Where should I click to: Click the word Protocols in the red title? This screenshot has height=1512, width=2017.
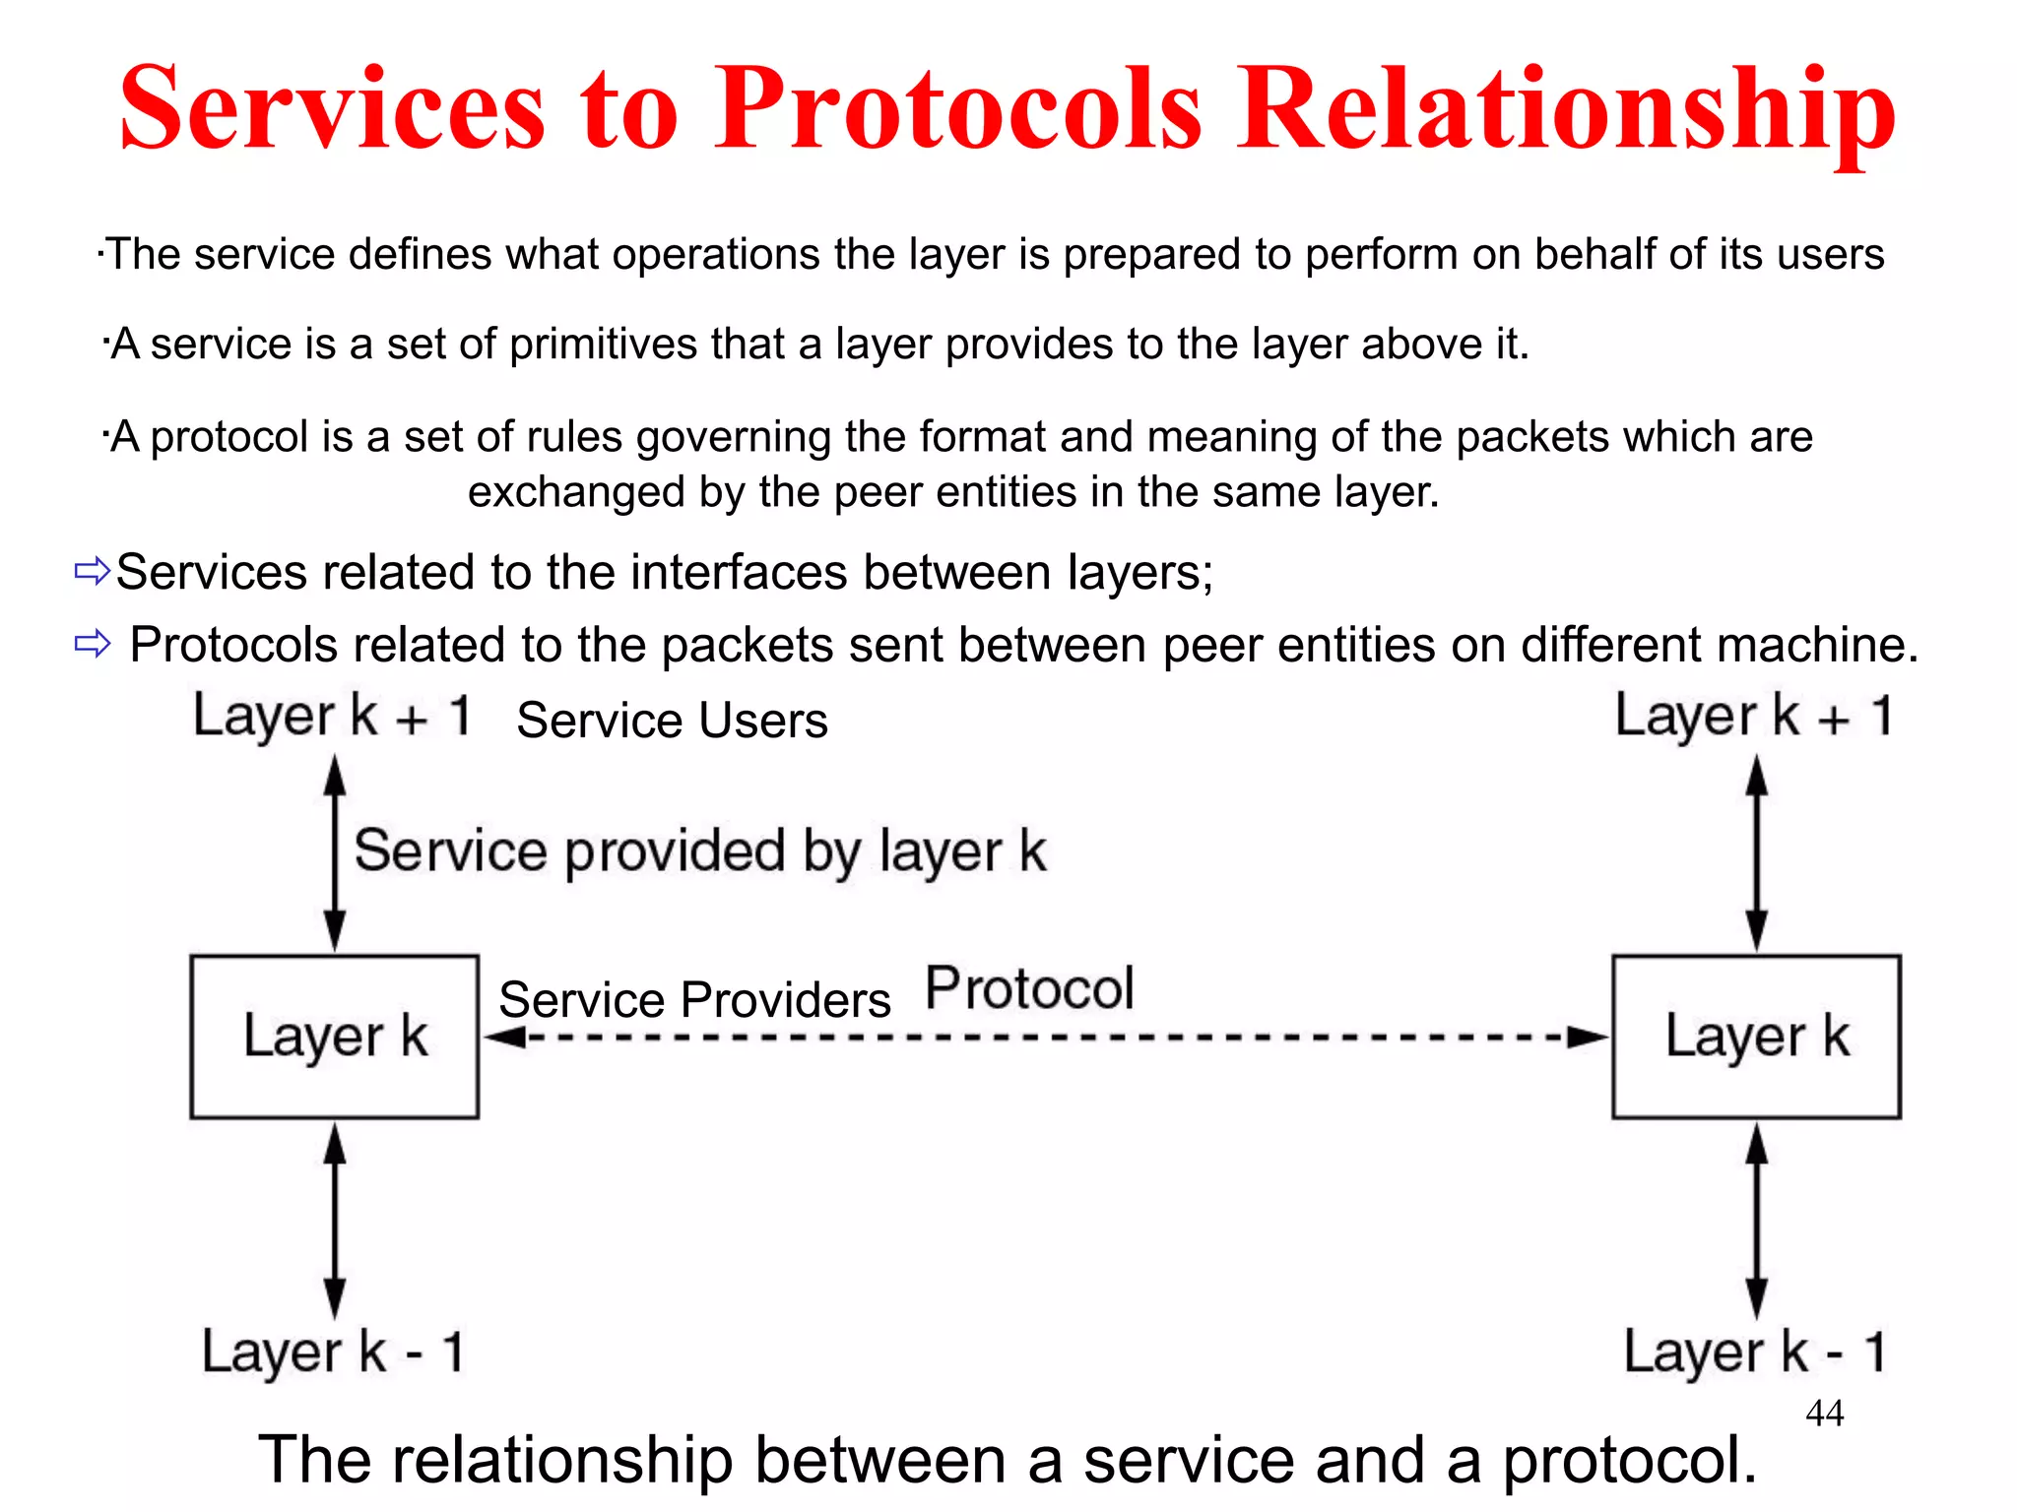[957, 108]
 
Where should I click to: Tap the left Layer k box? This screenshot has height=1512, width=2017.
[335, 1037]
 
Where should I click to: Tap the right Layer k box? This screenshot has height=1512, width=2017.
[1756, 1037]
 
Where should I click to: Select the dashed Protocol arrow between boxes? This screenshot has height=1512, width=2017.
[1044, 1038]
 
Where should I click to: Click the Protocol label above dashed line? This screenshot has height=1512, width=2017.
[1029, 988]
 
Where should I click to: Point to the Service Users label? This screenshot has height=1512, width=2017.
[672, 721]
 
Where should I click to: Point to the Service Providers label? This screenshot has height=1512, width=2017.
[694, 1000]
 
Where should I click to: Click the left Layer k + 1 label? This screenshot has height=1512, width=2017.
[332, 716]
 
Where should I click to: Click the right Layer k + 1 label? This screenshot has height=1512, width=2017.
[1753, 716]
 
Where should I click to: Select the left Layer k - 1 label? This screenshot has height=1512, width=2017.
[332, 1352]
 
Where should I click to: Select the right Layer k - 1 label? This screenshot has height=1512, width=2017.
[1753, 1352]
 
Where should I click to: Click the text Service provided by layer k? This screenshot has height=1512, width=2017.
[699, 851]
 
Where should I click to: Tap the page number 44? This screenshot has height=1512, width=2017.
[1824, 1414]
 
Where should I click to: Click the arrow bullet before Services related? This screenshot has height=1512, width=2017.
[93, 571]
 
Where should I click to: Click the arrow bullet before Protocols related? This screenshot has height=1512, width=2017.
[93, 645]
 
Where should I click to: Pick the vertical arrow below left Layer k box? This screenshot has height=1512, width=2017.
[335, 1221]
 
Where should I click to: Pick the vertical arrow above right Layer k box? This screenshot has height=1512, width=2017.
[1756, 852]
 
